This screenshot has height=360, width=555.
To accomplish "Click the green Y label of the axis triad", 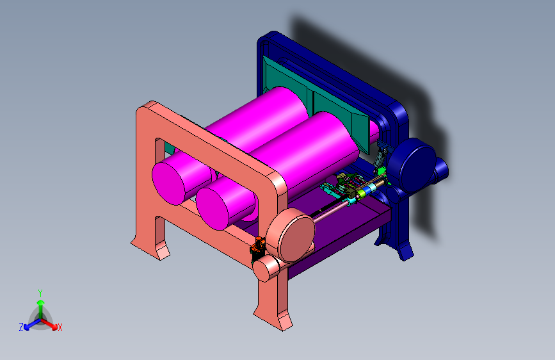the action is coord(40,293).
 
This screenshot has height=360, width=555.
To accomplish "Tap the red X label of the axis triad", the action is coord(60,327).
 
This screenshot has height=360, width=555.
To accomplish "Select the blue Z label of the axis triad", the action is coord(21,327).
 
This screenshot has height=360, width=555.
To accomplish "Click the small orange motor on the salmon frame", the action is coord(258,246).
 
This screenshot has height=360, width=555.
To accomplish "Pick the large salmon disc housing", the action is coord(291,234).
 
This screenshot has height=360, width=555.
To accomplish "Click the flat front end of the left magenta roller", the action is coord(168,183).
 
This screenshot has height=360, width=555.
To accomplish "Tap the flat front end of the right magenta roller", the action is coord(213,209).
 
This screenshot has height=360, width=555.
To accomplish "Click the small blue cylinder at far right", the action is coord(441,168).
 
